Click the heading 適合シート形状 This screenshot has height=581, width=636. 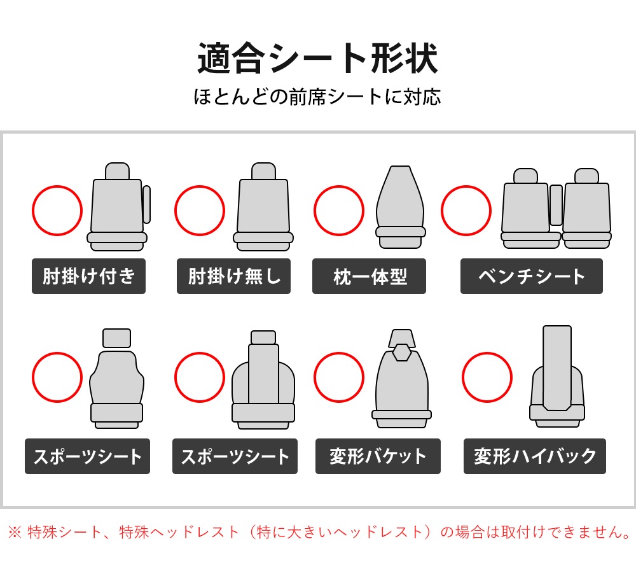(317, 59)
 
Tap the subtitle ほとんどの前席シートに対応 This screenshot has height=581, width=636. (317, 97)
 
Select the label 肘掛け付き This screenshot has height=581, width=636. (88, 276)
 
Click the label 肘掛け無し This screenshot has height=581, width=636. (233, 276)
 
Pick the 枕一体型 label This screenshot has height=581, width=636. (369, 276)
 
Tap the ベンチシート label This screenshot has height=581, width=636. (531, 276)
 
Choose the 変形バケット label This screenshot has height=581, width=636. (378, 456)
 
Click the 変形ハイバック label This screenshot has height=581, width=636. (535, 456)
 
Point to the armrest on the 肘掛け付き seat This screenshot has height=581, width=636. (146, 204)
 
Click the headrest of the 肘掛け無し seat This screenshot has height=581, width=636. (264, 171)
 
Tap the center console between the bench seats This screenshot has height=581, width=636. (556, 205)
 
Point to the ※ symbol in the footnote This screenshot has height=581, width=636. (15, 532)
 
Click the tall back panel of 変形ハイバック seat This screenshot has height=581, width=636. (557, 368)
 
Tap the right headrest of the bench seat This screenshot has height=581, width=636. (586, 176)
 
